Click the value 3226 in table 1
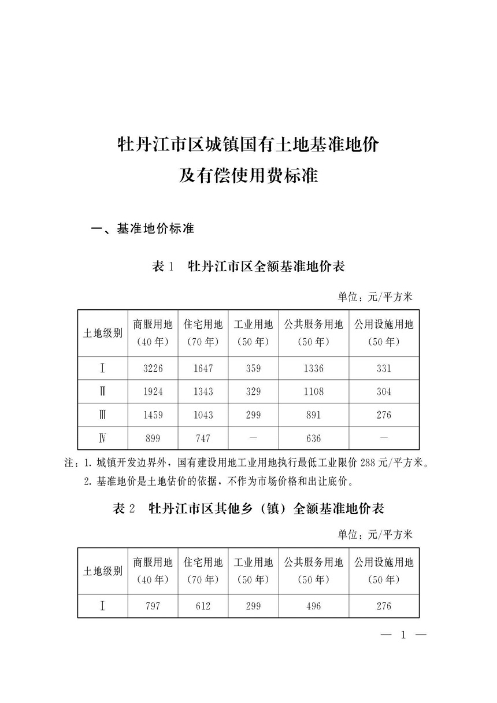pyautogui.click(x=153, y=368)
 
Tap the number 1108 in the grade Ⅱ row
pyautogui.click(x=314, y=391)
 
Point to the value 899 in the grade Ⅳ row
pyautogui.click(x=153, y=438)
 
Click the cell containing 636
pyautogui.click(x=314, y=438)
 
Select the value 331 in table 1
pyautogui.click(x=384, y=368)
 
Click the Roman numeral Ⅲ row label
pyautogui.click(x=102, y=415)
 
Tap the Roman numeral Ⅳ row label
pyautogui.click(x=102, y=438)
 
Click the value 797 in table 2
pyautogui.click(x=153, y=606)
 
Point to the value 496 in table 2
pyautogui.click(x=314, y=606)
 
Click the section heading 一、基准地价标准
pyautogui.click(x=143, y=229)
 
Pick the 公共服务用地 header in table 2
pyautogui.click(x=314, y=562)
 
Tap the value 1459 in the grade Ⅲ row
pyautogui.click(x=153, y=415)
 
